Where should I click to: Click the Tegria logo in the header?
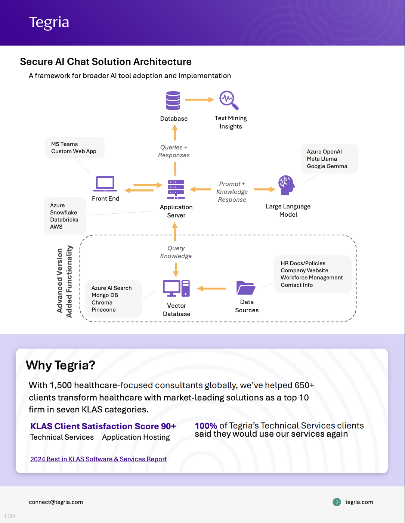tap(49, 22)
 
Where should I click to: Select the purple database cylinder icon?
tap(173, 100)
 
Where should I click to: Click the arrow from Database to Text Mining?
tap(199, 100)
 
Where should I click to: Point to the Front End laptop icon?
tap(105, 184)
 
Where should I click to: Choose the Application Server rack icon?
tap(176, 189)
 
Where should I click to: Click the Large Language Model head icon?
tap(287, 185)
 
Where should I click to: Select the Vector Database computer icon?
tap(176, 288)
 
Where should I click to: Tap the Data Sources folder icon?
tap(246, 288)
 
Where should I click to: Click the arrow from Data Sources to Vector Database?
tap(212, 288)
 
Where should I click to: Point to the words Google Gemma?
tap(327, 166)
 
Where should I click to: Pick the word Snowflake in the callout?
tap(64, 213)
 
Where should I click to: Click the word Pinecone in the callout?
tap(103, 310)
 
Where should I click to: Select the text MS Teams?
tap(65, 144)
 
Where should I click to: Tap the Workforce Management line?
tap(312, 278)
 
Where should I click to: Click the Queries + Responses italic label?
tap(174, 151)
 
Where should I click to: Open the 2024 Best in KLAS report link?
tap(98, 459)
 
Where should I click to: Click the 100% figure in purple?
tap(206, 426)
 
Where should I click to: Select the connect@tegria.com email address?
tap(56, 502)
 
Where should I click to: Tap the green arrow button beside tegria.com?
tap(337, 502)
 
